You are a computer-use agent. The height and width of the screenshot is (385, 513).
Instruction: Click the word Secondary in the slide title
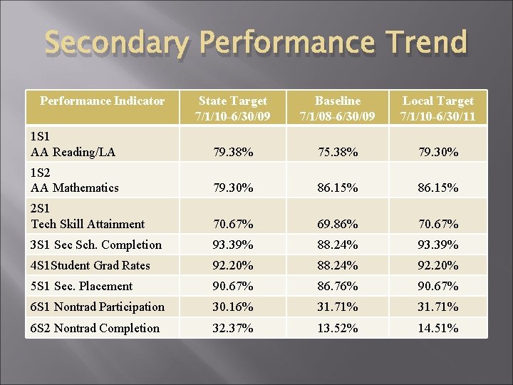[x=118, y=43]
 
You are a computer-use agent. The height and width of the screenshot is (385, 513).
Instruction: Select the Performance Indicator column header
[x=102, y=101]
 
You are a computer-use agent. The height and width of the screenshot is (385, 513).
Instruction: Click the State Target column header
[x=233, y=108]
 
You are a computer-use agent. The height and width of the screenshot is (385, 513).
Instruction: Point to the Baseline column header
[x=337, y=108]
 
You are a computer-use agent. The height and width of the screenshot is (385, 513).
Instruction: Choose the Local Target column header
[x=437, y=108]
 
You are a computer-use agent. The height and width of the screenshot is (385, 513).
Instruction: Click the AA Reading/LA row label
[x=73, y=152]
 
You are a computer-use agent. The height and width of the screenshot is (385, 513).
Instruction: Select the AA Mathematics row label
[x=75, y=188]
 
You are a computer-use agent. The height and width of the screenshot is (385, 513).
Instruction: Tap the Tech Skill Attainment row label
[x=88, y=224]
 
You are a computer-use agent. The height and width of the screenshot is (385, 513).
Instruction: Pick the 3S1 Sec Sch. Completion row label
[x=96, y=245]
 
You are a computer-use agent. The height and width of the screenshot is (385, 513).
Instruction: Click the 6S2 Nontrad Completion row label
[x=95, y=328]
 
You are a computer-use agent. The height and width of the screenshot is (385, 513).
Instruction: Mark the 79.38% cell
[x=233, y=153]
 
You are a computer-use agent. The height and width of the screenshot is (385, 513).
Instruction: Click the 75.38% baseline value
[x=337, y=153]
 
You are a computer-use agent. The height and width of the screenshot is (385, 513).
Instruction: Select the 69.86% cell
[x=337, y=225]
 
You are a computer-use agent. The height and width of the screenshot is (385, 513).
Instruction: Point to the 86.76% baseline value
[x=337, y=287]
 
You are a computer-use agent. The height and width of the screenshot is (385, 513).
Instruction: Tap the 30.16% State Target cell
[x=233, y=307]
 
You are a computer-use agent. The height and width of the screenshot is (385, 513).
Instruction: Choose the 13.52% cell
[x=337, y=329]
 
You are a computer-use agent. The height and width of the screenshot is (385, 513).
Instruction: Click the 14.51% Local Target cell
[x=437, y=329]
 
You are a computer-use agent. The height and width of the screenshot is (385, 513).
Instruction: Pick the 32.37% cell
[x=233, y=329]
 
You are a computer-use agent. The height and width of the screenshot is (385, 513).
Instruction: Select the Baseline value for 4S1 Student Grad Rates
[x=337, y=266]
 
